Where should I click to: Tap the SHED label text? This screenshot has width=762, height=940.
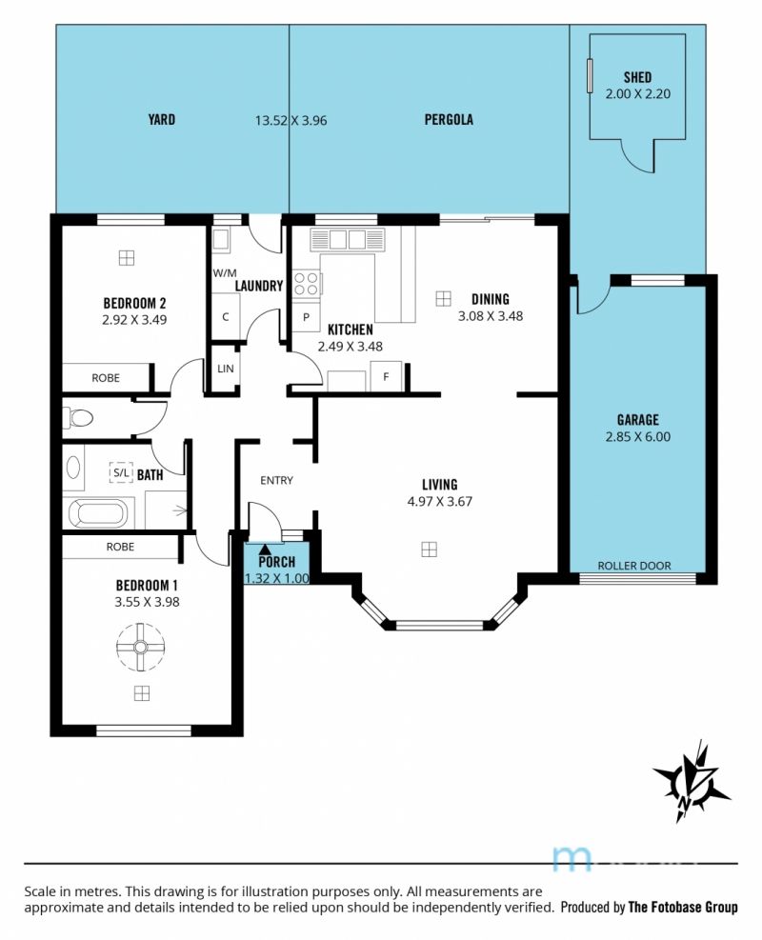[x=637, y=77]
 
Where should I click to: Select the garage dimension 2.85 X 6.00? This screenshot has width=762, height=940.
[x=638, y=436]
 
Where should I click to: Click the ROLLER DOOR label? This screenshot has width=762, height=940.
[x=634, y=566]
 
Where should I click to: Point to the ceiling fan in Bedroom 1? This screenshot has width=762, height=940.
[x=140, y=647]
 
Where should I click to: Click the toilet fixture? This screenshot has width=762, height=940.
[x=78, y=417]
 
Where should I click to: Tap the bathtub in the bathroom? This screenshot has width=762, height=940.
[x=98, y=513]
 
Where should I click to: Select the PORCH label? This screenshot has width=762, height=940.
[x=277, y=562]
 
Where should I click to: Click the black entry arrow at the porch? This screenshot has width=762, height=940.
[x=265, y=548]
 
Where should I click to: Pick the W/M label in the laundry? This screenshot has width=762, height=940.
[x=225, y=272]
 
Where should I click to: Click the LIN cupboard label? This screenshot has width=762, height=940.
[x=226, y=368]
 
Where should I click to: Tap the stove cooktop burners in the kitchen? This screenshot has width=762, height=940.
[x=306, y=284]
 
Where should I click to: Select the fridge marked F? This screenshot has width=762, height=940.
[x=386, y=376]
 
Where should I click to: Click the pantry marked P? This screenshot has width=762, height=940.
[x=306, y=316]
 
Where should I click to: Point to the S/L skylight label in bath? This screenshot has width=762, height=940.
[x=121, y=472]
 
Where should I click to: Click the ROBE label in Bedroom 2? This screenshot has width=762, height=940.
[x=106, y=378]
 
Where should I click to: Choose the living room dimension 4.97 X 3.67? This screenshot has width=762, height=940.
[x=440, y=501]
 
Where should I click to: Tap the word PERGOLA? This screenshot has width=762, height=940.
[x=449, y=119]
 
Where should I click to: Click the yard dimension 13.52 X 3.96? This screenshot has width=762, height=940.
[x=291, y=121]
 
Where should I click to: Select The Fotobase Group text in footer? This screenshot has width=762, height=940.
[x=683, y=907]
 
